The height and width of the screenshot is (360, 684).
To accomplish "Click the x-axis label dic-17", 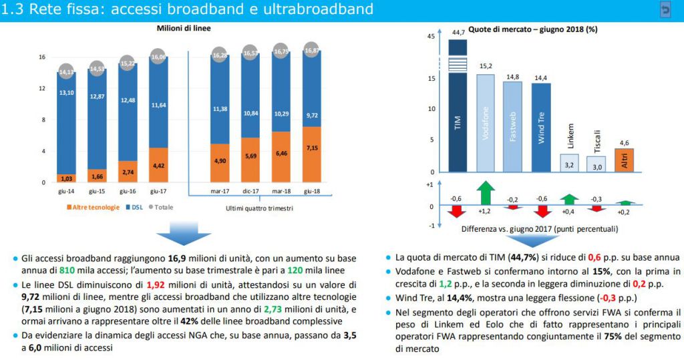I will [x=251, y=191].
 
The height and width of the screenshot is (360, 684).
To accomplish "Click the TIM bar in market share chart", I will [x=458, y=107].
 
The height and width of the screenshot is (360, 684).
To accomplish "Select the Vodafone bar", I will [x=486, y=123].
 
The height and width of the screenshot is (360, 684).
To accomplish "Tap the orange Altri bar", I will [x=624, y=160].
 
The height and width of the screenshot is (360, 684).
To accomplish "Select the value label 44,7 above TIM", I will [x=458, y=32].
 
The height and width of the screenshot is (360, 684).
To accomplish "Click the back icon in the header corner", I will [x=665, y=10].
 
